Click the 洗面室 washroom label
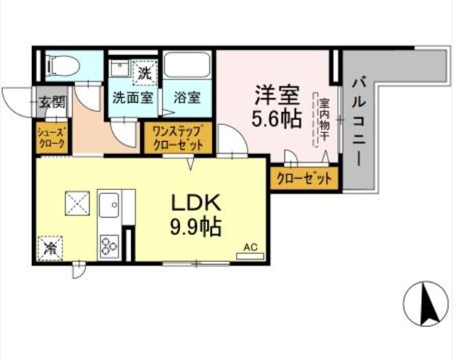point(132,98)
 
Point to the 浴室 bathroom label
point(187,98)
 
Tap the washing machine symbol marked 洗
point(145,72)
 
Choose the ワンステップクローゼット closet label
point(179,137)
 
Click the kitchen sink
point(111,206)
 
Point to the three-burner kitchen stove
point(110,246)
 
